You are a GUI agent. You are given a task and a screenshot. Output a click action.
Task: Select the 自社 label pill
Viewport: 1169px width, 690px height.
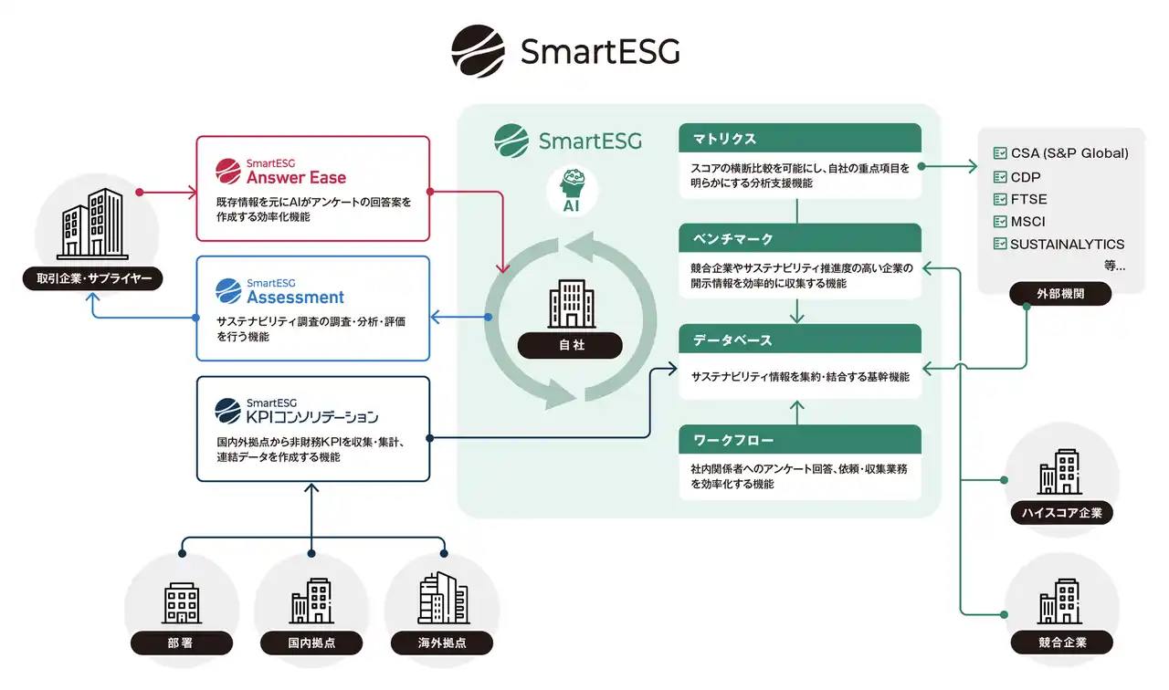point(572,345)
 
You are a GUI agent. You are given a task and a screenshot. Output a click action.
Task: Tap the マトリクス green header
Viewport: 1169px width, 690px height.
point(799,139)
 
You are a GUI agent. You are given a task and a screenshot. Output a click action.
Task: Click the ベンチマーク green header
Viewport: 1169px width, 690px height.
point(799,239)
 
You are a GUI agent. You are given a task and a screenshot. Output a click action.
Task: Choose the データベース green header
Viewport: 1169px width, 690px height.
point(799,340)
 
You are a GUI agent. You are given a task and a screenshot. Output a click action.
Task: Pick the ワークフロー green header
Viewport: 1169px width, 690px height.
point(799,440)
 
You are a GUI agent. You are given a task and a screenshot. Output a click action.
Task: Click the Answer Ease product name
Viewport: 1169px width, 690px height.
point(296,177)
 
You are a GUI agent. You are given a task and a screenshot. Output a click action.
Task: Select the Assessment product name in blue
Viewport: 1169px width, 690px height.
point(295,297)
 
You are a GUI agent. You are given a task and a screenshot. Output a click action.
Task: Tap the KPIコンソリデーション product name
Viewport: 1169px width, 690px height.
point(311,417)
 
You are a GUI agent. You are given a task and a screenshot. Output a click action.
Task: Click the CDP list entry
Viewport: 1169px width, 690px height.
point(1026,177)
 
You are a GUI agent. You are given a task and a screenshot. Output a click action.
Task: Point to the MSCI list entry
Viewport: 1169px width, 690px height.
point(1027,222)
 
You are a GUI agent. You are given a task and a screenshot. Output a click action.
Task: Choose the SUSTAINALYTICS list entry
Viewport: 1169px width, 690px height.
point(1067,245)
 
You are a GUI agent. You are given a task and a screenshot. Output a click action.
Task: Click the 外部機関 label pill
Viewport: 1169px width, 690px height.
point(1060,294)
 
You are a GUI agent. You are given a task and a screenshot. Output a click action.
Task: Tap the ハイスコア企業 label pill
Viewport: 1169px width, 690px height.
point(1062,513)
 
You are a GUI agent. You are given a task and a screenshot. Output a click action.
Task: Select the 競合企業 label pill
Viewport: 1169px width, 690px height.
point(1062,643)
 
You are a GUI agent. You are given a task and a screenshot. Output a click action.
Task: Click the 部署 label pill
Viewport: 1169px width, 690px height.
point(180,643)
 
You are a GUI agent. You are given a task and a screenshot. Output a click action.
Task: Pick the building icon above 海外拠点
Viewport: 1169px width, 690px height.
point(443,598)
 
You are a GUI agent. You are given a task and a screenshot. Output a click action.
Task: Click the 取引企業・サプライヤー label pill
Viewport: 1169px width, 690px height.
point(92,277)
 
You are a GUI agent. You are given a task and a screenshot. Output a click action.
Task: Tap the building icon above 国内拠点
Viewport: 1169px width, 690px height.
point(311,601)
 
